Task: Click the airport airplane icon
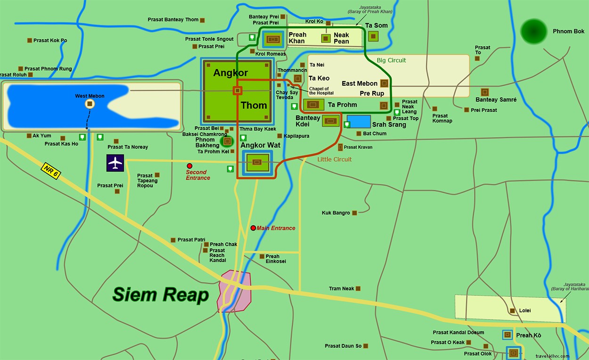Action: pyautogui.click(x=115, y=163)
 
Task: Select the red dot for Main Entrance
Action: pyautogui.click(x=253, y=228)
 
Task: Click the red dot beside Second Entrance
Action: pyautogui.click(x=189, y=166)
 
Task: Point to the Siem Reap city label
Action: pyautogui.click(x=161, y=295)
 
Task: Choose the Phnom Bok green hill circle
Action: pyautogui.click(x=533, y=32)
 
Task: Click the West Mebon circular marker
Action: pyautogui.click(x=90, y=104)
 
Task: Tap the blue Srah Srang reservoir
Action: pyautogui.click(x=359, y=122)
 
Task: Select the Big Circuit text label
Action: pyautogui.click(x=391, y=60)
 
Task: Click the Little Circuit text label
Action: pyautogui.click(x=334, y=159)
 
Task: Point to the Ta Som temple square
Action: pyautogui.click(x=373, y=36)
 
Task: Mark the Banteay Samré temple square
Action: pyautogui.click(x=484, y=92)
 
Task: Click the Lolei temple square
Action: pyautogui.click(x=512, y=311)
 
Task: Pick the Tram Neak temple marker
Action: pyautogui.click(x=358, y=288)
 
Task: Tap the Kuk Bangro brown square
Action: pyautogui.click(x=354, y=213)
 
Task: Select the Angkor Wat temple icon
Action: pyautogui.click(x=257, y=163)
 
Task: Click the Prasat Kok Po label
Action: pyautogui.click(x=50, y=41)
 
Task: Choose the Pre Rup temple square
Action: pyautogui.click(x=384, y=106)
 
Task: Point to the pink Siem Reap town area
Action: pyautogui.click(x=234, y=291)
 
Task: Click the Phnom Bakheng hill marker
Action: pyautogui.click(x=227, y=140)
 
